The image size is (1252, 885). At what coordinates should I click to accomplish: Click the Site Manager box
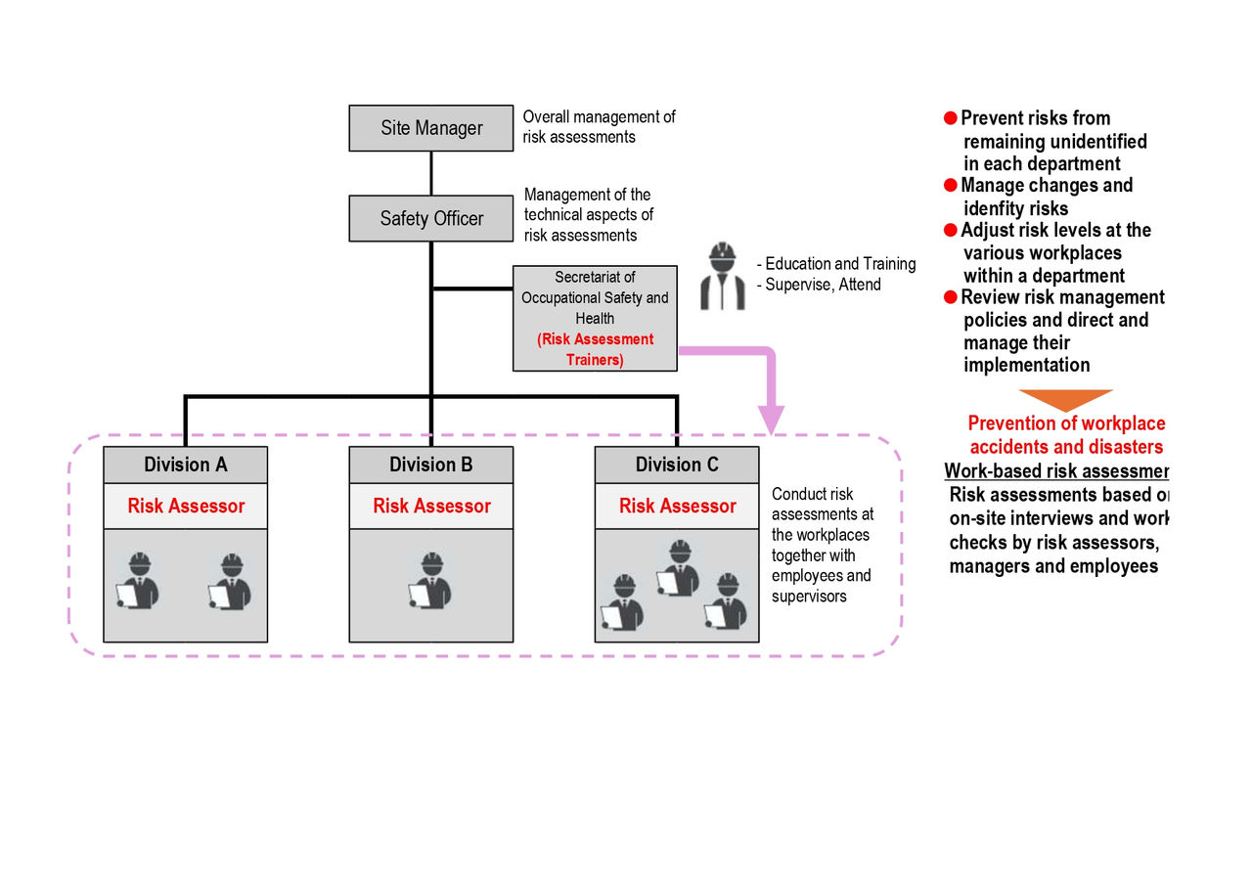tap(430, 128)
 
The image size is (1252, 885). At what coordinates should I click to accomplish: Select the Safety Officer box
tap(430, 218)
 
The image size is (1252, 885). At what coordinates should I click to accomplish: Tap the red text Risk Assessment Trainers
tap(595, 349)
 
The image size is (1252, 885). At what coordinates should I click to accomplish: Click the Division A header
tap(185, 465)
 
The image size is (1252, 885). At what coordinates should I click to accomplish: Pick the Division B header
tap(430, 465)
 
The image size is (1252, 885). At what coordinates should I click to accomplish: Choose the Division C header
tap(676, 465)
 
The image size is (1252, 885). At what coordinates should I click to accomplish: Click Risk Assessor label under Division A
tap(185, 507)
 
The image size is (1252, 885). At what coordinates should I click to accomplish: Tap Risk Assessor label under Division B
tap(430, 507)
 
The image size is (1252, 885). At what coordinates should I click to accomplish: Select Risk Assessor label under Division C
tap(676, 507)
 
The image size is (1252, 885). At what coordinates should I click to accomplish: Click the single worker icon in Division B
tap(430, 582)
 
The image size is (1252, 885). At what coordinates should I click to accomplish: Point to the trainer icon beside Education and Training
tap(722, 276)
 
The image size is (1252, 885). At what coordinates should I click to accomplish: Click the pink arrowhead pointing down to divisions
tap(772, 419)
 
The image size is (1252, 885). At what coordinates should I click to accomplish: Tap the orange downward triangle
tap(1065, 400)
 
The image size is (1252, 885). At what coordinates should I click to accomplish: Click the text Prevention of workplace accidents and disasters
tap(1066, 435)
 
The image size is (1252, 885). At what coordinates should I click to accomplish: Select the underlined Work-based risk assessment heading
tap(1056, 471)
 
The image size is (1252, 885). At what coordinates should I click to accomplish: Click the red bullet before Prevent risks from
tap(950, 118)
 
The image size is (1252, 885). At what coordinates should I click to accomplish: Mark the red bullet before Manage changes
tap(950, 186)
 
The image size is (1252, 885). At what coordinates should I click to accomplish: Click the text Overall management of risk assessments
tap(599, 127)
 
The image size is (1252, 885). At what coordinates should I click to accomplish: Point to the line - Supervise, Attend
tap(819, 285)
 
